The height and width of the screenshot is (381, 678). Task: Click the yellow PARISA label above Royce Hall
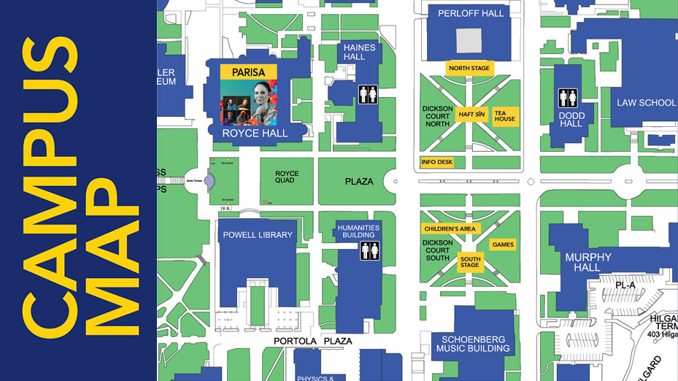pos(248,72)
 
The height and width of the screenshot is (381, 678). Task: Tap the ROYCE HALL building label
pos(255,134)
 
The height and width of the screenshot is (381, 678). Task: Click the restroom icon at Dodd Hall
pos(569,98)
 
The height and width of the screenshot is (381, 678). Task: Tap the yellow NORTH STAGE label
pos(469,68)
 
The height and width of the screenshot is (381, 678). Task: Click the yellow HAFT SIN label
pos(471,115)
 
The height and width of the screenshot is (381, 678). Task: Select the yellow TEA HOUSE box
pos(504,116)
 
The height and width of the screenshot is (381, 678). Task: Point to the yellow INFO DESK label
pos(437,162)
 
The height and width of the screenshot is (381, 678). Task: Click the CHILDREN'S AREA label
pos(450,228)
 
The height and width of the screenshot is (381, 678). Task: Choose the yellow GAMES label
pos(503,245)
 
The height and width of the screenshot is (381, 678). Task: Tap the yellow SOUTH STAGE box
pos(470,261)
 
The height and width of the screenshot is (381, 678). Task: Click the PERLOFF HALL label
pos(471,13)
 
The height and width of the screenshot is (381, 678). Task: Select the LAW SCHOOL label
pos(646,103)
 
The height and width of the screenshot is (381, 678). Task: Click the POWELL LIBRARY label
pos(258,235)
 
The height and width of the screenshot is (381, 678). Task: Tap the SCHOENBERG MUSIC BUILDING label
pos(473,343)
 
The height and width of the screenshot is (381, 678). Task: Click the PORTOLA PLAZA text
pos(312,341)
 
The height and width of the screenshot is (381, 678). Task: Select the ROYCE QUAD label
pos(285,177)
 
